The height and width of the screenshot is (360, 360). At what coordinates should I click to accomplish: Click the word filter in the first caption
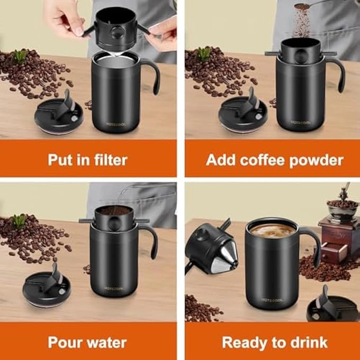[x=109, y=160]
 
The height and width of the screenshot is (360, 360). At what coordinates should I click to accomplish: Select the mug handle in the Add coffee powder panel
[x=337, y=74]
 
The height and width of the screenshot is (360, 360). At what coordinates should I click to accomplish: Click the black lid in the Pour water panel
[x=44, y=289]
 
